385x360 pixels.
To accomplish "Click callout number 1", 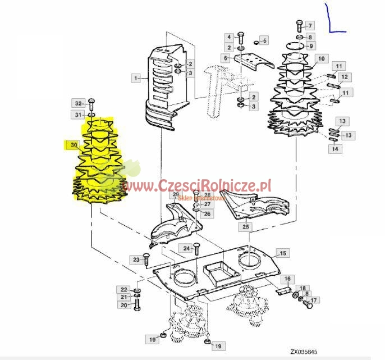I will (x=135, y=78).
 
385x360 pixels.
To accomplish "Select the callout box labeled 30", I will (x=72, y=145).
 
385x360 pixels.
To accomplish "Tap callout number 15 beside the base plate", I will (x=283, y=254).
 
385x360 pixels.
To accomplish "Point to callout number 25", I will (x=245, y=227).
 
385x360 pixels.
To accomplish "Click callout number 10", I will (x=321, y=58).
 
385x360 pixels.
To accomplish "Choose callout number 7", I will (x=310, y=25).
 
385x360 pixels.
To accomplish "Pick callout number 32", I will (x=78, y=103).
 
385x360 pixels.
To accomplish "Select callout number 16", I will (x=286, y=279).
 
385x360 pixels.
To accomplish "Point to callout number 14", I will (x=334, y=149).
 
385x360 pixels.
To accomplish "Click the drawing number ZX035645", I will (x=304, y=353).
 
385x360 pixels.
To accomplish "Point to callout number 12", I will (x=344, y=77).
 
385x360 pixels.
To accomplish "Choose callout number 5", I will (x=264, y=40).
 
